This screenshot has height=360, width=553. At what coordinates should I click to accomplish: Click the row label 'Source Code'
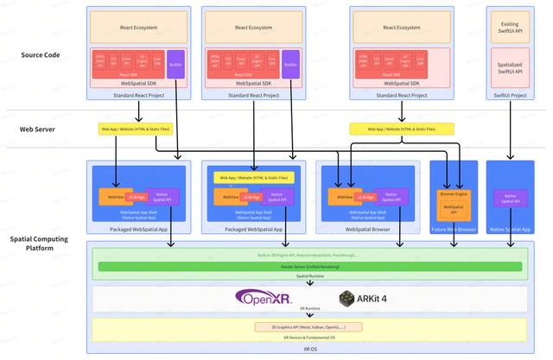point(41,55)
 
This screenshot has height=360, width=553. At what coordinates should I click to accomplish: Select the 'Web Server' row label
point(37,129)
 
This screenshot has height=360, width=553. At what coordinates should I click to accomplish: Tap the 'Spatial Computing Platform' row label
point(40,243)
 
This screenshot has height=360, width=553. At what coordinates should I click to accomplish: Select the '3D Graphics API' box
point(308,326)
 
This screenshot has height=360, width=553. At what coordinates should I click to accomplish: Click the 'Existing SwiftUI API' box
point(510,28)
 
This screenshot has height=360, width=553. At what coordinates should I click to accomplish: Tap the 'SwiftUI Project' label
point(510,94)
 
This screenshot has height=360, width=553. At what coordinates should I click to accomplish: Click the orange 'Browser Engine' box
point(454,194)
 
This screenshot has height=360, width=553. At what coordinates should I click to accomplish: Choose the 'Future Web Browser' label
point(454,229)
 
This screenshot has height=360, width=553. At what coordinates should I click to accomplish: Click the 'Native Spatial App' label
point(510,229)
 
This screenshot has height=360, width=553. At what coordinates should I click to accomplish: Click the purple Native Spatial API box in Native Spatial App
point(510,198)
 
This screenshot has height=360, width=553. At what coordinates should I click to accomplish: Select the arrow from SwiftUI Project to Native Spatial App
point(510,129)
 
